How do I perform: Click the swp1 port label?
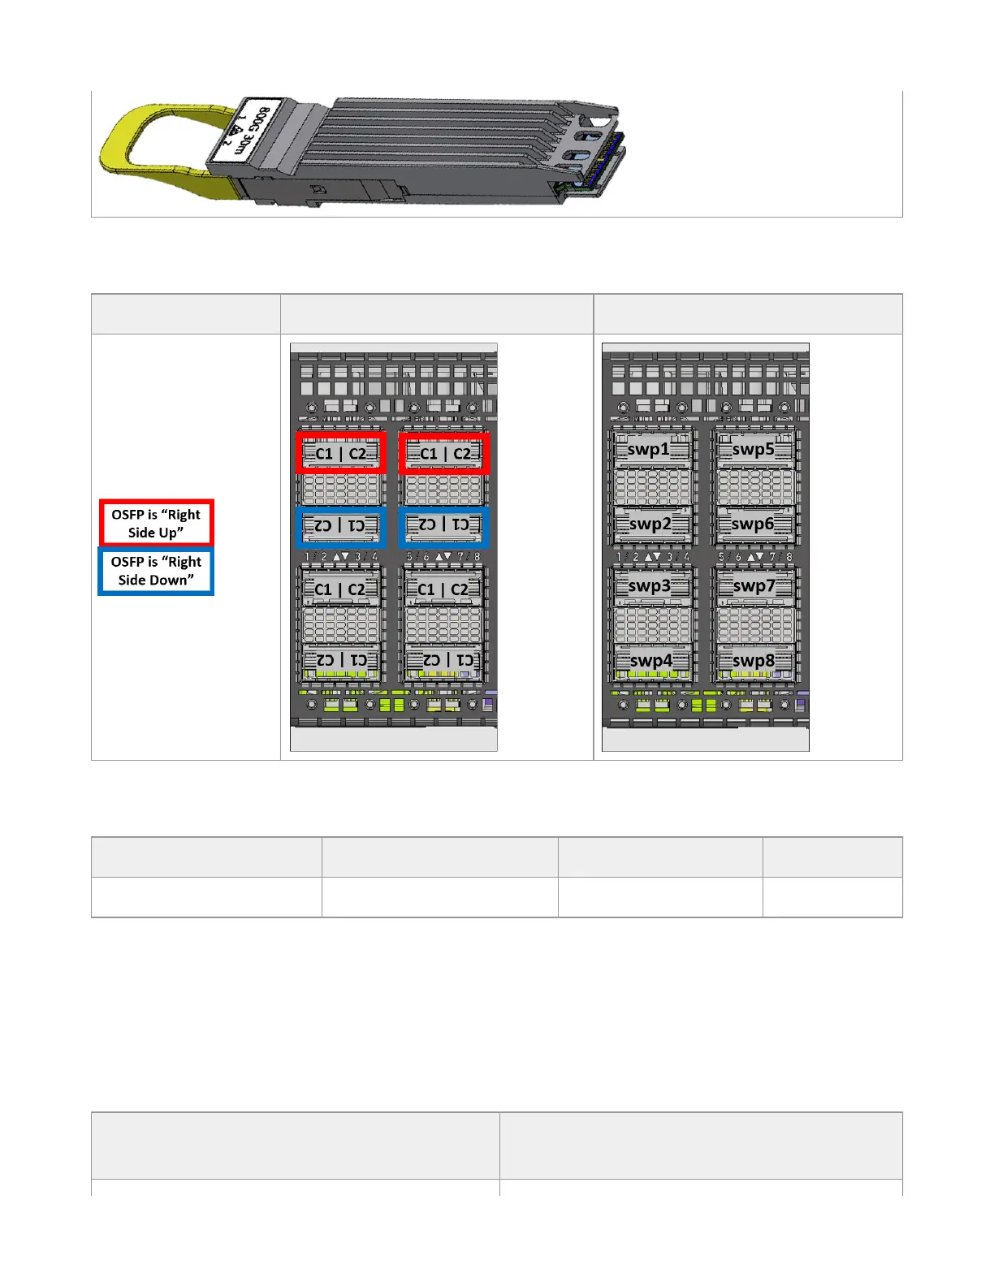[x=649, y=449]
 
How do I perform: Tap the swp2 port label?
[x=650, y=524]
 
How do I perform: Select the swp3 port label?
[x=649, y=585]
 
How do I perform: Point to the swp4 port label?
[x=651, y=661]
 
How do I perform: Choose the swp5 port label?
[x=753, y=449]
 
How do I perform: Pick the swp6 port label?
[x=753, y=524]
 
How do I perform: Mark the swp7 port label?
[x=754, y=585]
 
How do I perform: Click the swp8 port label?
[x=754, y=661]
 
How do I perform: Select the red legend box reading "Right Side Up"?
[x=157, y=523]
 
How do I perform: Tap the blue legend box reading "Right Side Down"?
[x=156, y=571]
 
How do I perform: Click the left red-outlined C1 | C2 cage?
[x=341, y=453]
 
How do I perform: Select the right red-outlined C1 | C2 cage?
[x=445, y=453]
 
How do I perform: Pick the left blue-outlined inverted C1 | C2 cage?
[x=340, y=525]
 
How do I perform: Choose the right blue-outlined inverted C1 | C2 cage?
[x=444, y=525]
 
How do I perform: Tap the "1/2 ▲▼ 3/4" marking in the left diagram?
[x=341, y=556]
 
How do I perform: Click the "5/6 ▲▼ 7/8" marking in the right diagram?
[x=754, y=557]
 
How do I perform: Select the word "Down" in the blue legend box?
[x=174, y=580]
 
